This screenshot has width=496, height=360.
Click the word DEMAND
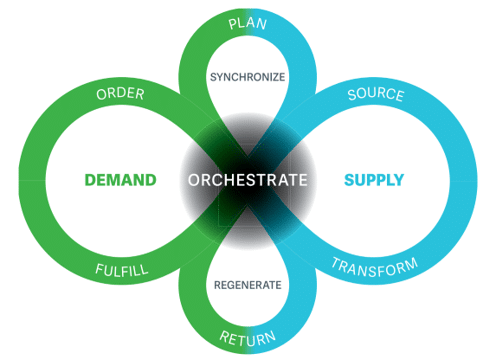(x=120, y=181)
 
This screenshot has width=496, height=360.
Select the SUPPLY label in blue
(x=374, y=181)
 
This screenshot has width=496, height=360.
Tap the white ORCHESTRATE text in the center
(x=247, y=181)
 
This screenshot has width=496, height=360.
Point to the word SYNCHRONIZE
(x=248, y=76)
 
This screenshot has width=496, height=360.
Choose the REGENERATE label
(x=248, y=285)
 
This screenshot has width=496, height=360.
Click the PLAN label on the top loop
(x=248, y=22)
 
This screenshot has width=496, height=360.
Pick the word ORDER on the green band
(x=121, y=96)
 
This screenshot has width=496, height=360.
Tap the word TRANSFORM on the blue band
(x=373, y=268)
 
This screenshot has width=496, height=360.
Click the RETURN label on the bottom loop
(x=248, y=337)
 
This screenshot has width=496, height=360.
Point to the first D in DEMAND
(x=90, y=181)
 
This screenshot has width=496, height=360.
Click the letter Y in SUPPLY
(x=399, y=181)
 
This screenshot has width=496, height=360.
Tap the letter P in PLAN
(x=233, y=22)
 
